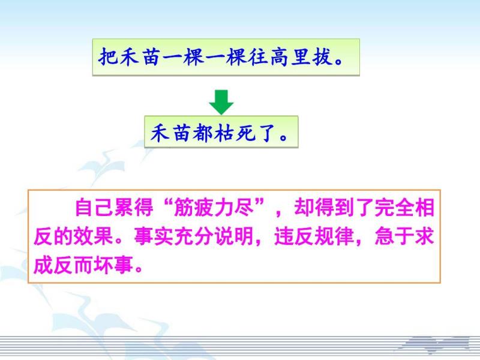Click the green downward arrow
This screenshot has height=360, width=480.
[x=221, y=102]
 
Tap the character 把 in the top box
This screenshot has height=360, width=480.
[x=108, y=57]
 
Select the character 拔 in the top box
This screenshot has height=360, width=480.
[x=322, y=57]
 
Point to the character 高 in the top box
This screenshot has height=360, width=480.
[x=279, y=57]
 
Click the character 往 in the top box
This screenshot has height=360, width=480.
[x=258, y=57]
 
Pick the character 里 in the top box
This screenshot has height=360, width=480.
[x=301, y=57]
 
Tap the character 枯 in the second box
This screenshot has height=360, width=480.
[x=224, y=133]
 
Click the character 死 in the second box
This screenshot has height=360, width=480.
[x=245, y=133]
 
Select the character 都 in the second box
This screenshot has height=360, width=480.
[x=203, y=133]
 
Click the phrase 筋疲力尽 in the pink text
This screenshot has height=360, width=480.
[x=214, y=208]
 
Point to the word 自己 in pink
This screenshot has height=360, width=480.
[x=94, y=208]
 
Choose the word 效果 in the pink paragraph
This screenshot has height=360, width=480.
[x=94, y=236]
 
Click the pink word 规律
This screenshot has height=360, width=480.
[x=334, y=236]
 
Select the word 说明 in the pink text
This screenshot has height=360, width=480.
[x=234, y=236]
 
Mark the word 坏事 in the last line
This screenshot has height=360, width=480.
[x=113, y=265]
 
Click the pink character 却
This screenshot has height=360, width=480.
[x=304, y=208]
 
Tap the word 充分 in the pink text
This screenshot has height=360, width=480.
[x=194, y=236]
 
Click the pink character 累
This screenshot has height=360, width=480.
[x=124, y=208]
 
